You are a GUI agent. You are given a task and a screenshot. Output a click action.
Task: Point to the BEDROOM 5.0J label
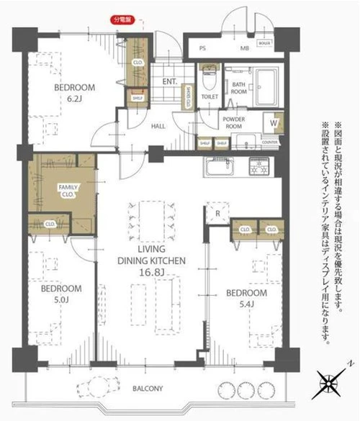[x=60, y=293]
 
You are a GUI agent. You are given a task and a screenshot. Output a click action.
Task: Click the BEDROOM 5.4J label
[x=246, y=298]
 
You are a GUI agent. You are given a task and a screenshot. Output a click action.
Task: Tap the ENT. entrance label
[x=169, y=81]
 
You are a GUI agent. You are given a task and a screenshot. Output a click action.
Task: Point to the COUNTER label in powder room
[x=271, y=142]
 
